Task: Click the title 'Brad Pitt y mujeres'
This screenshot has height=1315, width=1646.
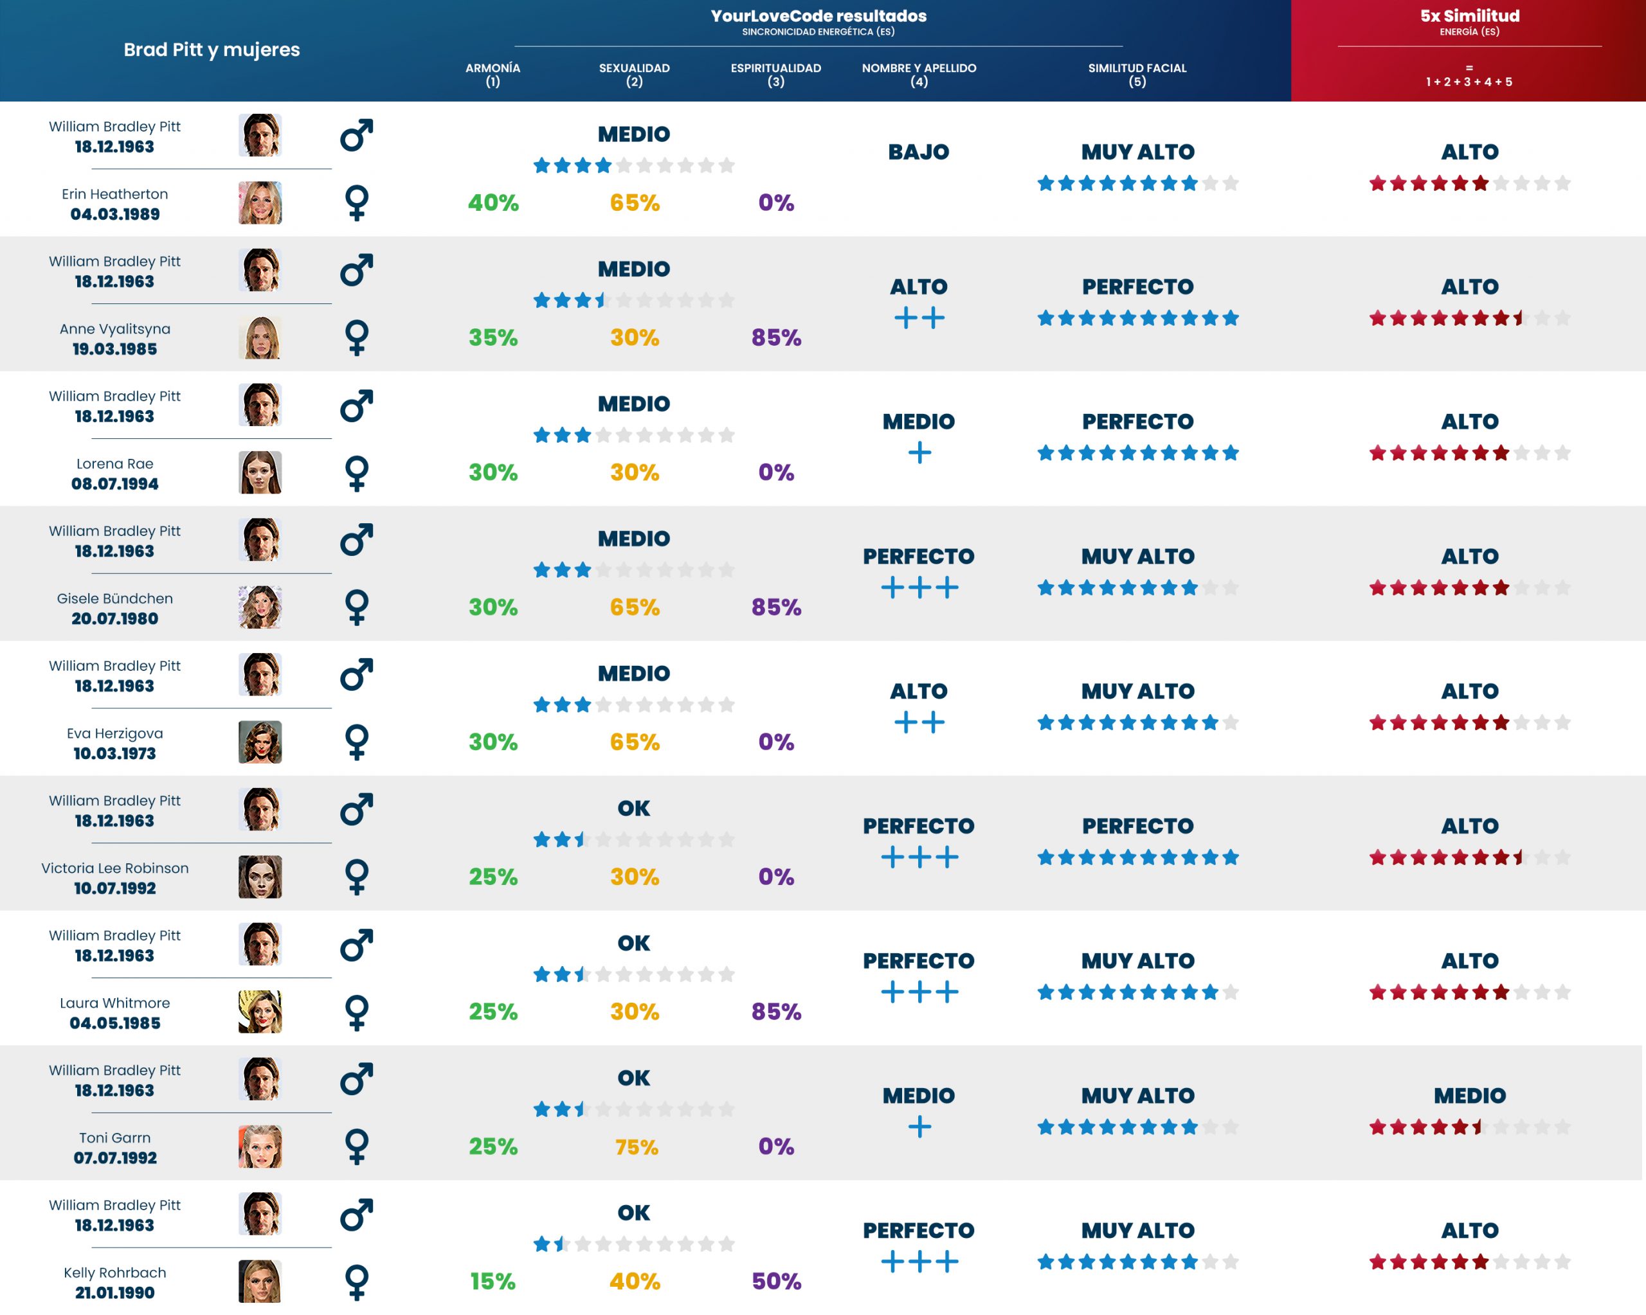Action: point(212,49)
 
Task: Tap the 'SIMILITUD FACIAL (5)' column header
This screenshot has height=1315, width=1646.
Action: point(1137,74)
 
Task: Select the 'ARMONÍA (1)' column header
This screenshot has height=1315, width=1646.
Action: point(493,74)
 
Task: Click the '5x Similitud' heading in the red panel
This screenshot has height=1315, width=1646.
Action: point(1469,16)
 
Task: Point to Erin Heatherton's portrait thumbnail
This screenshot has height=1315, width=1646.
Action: point(260,203)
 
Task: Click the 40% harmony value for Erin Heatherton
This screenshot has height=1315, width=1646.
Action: point(493,203)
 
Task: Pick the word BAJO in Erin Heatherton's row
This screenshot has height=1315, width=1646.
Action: point(918,152)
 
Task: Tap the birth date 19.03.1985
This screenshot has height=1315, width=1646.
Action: point(114,349)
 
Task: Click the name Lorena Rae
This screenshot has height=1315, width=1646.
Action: point(114,463)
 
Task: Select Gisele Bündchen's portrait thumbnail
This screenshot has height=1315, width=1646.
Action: point(260,607)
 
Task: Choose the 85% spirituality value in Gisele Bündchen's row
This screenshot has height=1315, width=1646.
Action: point(775,607)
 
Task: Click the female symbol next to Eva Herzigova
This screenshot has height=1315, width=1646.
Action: point(357,742)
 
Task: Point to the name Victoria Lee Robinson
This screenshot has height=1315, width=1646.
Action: point(114,868)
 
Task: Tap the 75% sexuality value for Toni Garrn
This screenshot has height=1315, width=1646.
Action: point(636,1147)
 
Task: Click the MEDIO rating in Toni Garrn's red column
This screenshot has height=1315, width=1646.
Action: point(1469,1095)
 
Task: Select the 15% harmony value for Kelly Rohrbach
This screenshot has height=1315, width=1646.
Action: point(493,1282)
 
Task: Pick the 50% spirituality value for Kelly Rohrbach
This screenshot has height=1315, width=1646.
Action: point(775,1282)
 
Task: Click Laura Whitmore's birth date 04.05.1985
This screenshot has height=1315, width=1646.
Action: point(114,1023)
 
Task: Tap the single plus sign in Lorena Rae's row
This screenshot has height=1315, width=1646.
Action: point(919,452)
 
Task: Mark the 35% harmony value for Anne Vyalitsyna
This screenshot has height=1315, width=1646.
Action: point(493,337)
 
